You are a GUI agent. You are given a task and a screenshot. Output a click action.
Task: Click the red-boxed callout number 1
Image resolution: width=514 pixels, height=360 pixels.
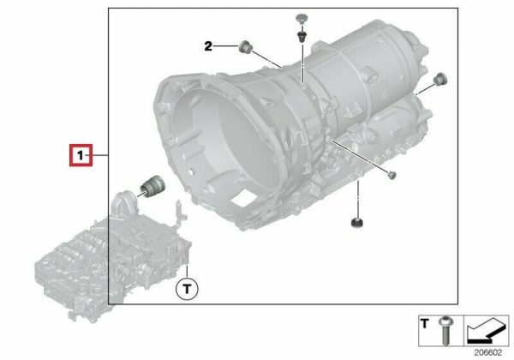(81, 155)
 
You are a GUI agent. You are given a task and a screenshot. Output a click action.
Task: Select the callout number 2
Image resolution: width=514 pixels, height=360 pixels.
(208, 46)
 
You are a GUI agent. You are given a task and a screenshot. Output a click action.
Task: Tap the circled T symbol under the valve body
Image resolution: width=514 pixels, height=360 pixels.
(187, 289)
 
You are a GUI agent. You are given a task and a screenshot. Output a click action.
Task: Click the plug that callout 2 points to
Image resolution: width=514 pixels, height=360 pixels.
(245, 47)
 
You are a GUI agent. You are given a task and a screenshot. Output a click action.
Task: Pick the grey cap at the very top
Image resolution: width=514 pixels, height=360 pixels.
(301, 18)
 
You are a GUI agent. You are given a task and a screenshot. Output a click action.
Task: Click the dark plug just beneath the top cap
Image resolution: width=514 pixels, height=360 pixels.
(301, 36)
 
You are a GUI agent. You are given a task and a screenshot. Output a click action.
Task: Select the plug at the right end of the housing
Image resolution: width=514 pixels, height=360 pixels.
(440, 79)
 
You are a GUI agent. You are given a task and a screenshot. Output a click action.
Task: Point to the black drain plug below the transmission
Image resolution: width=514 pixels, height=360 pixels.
(357, 223)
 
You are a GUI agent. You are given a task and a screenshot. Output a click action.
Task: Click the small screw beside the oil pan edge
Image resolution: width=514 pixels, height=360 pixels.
(391, 175)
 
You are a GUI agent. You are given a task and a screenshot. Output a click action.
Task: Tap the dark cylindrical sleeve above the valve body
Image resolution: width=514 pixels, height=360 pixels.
(152, 186)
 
